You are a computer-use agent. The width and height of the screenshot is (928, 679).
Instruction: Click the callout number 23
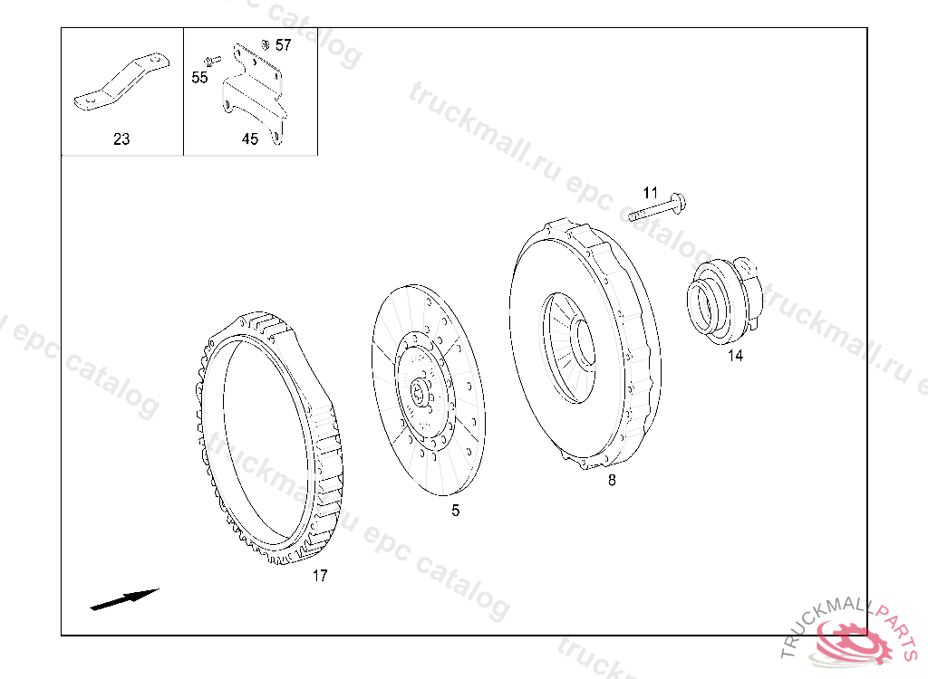pyautogui.click(x=121, y=139)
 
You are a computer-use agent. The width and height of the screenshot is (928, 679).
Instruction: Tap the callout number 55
pyautogui.click(x=199, y=78)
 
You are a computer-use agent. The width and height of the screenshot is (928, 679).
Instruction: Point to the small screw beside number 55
pyautogui.click(x=212, y=61)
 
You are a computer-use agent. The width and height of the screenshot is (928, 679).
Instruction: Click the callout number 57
pyautogui.click(x=284, y=45)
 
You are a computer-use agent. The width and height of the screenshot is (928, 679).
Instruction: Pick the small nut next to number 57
pyautogui.click(x=266, y=44)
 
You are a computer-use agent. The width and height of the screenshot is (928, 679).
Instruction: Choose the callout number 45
pyautogui.click(x=250, y=139)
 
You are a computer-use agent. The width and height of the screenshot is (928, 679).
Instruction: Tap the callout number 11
pyautogui.click(x=651, y=193)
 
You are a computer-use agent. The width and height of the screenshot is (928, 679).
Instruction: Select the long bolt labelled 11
pyautogui.click(x=657, y=207)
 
